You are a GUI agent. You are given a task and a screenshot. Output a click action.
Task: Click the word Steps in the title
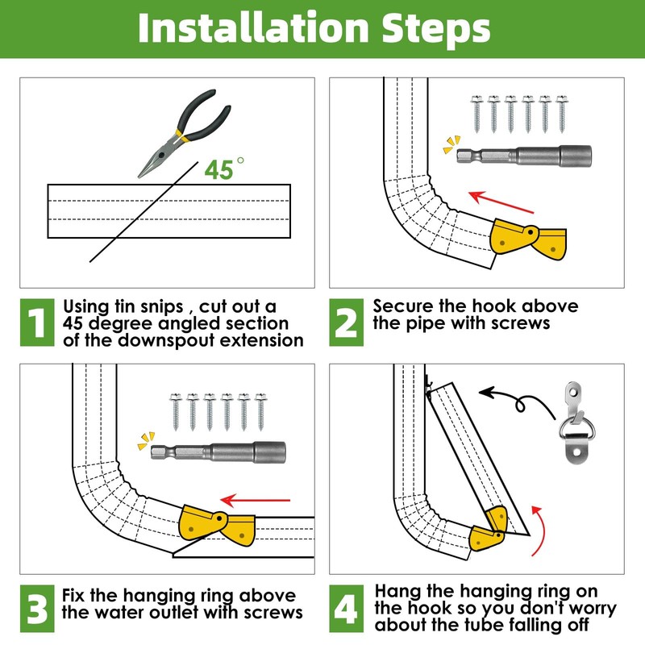coord(436,30)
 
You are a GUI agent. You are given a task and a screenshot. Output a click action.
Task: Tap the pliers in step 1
coord(184,133)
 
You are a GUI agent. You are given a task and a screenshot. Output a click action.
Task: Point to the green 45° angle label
coord(224,169)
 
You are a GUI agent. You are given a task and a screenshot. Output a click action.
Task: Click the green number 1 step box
coord(37,322)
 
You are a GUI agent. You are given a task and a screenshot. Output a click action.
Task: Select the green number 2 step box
coord(347,322)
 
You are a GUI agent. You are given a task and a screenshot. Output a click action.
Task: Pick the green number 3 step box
coord(37,609)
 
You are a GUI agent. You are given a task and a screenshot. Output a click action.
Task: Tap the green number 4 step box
coord(347,609)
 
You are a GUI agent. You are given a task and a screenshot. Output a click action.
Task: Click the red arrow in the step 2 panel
coord(501,202)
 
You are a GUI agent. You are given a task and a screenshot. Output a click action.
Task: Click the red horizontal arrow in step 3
coord(256,501)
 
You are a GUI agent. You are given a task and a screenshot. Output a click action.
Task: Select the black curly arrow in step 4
coord(518,402)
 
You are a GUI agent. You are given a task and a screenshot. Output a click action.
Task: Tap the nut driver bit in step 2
coord(525,156)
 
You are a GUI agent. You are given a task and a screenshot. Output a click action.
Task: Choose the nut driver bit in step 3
coord(218,452)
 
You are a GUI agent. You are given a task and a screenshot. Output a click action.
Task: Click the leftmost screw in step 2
coord(476,114)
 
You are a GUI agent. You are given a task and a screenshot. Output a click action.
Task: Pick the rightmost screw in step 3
coord(260,412)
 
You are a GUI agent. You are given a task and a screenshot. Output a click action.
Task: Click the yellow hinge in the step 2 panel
coord(528,239)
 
